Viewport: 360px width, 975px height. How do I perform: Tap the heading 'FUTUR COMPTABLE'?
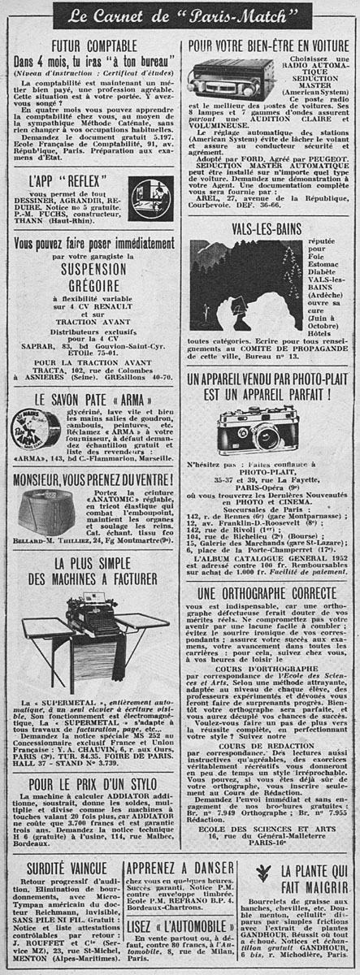coord(92,45)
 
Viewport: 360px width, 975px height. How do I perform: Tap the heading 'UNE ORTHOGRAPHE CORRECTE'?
coord(267,593)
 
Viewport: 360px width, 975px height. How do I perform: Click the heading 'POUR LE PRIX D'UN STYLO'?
coord(89,785)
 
